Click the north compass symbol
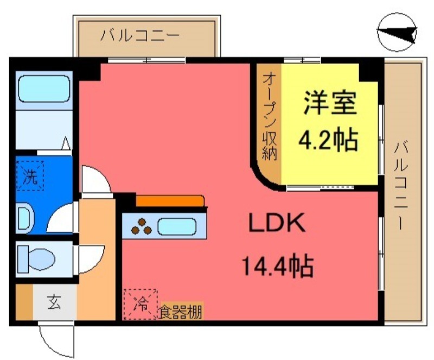[x=398, y=34]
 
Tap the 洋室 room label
[x=329, y=103]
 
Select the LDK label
[x=278, y=223]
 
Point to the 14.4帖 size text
[x=277, y=267]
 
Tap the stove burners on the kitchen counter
[x=143, y=226]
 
